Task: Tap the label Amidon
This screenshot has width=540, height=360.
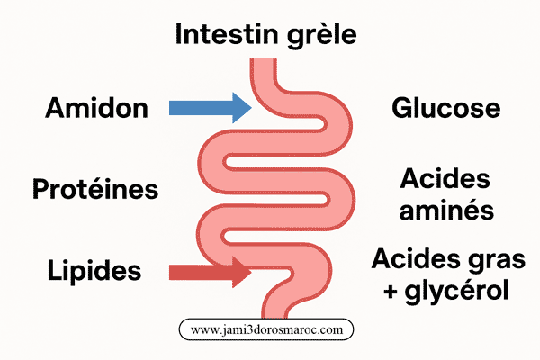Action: pyautogui.click(x=96, y=109)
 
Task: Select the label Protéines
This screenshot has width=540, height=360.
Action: pyautogui.click(x=95, y=190)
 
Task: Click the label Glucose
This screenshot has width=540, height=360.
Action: pyautogui.click(x=445, y=109)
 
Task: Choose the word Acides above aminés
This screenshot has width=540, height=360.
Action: pyautogui.click(x=446, y=177)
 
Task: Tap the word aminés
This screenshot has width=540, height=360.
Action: pyautogui.click(x=446, y=211)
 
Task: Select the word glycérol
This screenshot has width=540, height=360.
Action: pyautogui.click(x=457, y=292)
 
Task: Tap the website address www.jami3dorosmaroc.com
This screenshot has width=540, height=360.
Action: pyautogui.click(x=267, y=329)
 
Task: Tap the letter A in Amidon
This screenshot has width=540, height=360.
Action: pyautogui.click(x=56, y=109)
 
